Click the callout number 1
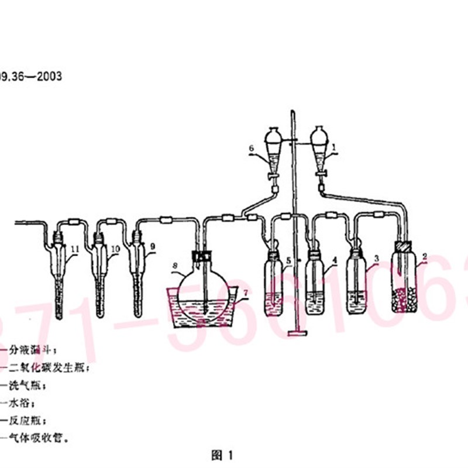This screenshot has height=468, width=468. pyautogui.click(x=334, y=149)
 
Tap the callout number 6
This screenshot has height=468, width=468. pyautogui.click(x=251, y=149)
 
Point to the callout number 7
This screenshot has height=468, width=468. pyautogui.click(x=245, y=291)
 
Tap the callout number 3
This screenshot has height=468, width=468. pyautogui.click(x=377, y=257)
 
